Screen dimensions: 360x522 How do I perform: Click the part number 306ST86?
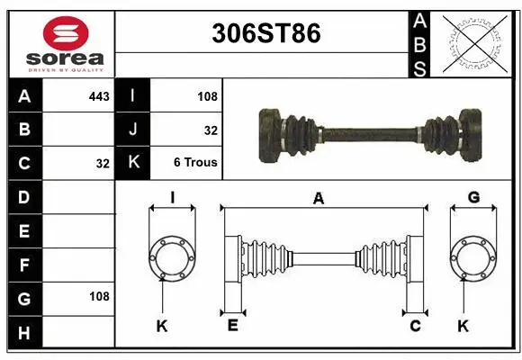[265, 34]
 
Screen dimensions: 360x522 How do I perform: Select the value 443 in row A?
[98, 95]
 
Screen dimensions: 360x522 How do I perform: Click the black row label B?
[23, 130]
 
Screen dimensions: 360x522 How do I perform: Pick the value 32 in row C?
[102, 164]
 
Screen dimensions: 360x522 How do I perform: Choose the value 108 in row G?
[98, 296]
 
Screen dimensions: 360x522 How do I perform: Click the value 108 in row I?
[206, 95]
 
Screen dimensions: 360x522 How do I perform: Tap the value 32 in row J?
[211, 130]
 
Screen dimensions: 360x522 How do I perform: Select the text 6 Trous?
[195, 163]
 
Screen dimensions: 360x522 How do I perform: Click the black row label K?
[133, 163]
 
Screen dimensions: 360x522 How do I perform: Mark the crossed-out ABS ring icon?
[475, 43]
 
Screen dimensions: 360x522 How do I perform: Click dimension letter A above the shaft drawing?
[317, 199]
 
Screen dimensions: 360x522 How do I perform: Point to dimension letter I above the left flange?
[172, 198]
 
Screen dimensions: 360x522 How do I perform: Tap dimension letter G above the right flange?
[473, 198]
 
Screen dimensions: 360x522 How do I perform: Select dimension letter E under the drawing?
[232, 326]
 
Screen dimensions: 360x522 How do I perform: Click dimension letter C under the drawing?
[416, 326]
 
